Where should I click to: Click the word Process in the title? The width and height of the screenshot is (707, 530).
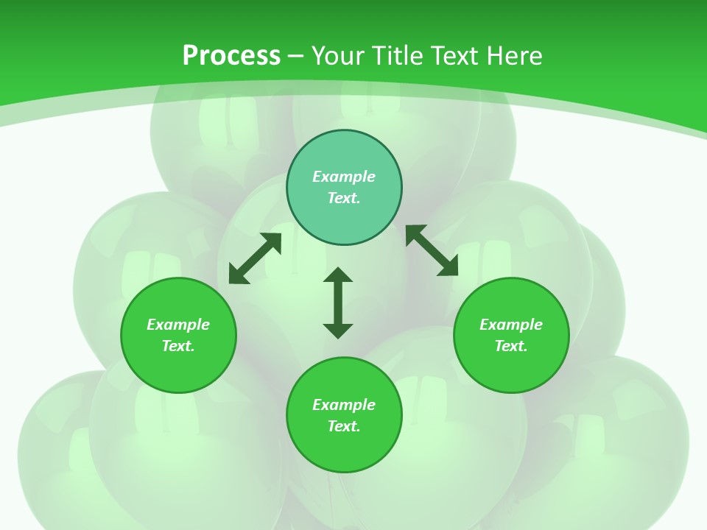(231, 56)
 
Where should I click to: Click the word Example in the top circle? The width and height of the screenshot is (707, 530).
(344, 177)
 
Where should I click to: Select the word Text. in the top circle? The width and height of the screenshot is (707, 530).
(344, 198)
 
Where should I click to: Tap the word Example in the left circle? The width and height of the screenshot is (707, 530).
(178, 325)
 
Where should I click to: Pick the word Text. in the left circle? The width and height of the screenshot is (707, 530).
(178, 346)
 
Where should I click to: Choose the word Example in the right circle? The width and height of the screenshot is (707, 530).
(511, 325)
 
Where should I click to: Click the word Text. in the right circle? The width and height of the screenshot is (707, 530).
(511, 346)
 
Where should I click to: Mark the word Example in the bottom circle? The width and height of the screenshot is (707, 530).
(344, 405)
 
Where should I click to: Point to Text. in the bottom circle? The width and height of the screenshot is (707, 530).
(344, 426)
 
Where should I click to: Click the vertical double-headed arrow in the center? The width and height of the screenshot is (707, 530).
(338, 303)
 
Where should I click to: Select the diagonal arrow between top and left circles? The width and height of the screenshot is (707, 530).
(255, 258)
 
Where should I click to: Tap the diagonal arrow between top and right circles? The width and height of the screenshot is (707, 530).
(432, 251)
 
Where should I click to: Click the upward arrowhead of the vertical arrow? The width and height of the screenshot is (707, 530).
(338, 274)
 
